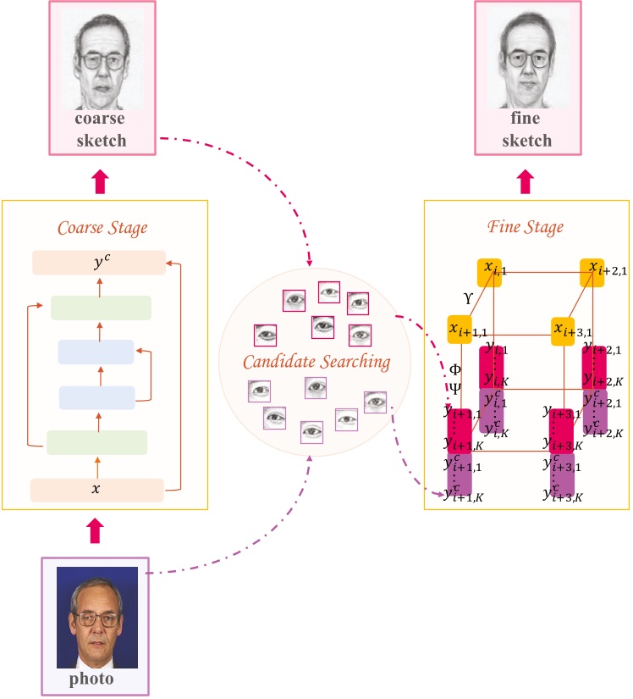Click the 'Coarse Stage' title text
point(102,228)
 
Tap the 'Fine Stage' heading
point(526,227)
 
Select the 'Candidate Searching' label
point(316,363)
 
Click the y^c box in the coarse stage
point(99,263)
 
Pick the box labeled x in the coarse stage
point(96,490)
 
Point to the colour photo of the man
point(96,618)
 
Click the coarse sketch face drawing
point(102,59)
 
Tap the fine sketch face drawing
point(526,59)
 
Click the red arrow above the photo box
point(95,531)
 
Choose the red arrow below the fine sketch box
point(526,179)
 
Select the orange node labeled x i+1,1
point(460,329)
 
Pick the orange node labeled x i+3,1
point(563,329)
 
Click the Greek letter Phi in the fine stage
point(454,369)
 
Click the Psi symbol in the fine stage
point(454,390)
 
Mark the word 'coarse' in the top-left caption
point(102,119)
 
